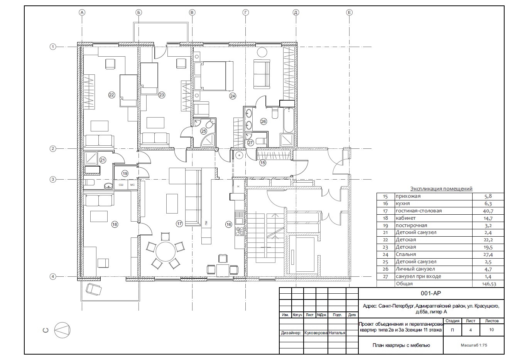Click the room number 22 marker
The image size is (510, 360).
click(x=111, y=95)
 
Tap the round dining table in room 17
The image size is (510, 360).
click(x=165, y=252)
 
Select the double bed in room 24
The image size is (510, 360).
click(x=214, y=76)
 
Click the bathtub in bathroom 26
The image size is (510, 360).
click(x=289, y=120)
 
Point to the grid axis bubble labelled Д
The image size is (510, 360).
click(x=296, y=12)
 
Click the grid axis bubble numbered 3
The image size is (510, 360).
click(x=53, y=180)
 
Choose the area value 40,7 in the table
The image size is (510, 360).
click(x=488, y=211)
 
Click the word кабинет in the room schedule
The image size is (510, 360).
click(x=406, y=218)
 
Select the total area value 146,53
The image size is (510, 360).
click(x=489, y=284)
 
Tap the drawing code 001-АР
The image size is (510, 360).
click(x=431, y=293)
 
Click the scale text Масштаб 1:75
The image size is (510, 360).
click(x=474, y=345)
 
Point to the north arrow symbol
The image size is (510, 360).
click(x=62, y=330)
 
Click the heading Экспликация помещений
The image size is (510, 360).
click(x=441, y=188)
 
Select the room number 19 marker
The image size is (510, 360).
click(x=125, y=173)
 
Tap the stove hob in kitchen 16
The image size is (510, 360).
click(x=240, y=230)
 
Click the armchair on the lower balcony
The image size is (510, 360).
click(x=94, y=289)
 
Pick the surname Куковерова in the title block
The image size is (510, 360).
click(x=316, y=333)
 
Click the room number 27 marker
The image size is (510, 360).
click(x=250, y=143)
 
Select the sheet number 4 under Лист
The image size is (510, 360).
click(x=470, y=330)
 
